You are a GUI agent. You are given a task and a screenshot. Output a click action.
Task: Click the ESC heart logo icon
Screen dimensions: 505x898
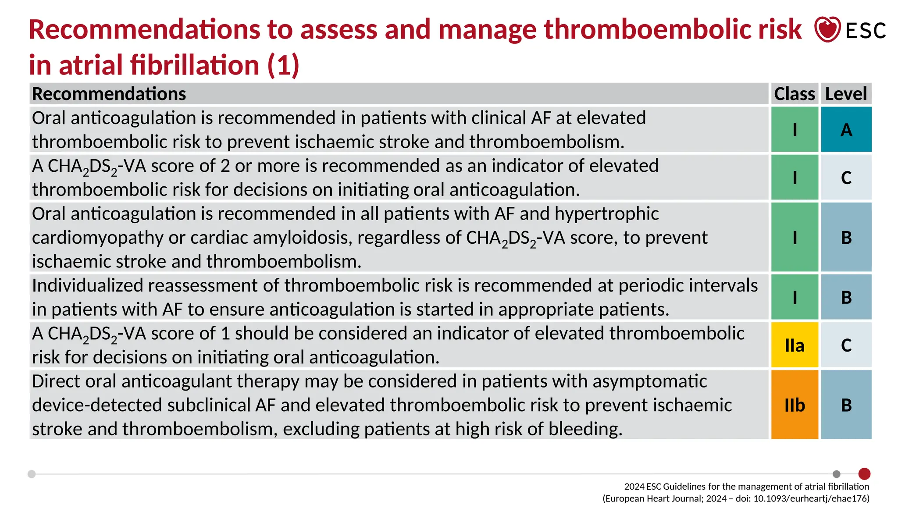point(827,29)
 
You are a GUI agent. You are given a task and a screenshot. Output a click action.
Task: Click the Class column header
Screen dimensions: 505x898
point(794,94)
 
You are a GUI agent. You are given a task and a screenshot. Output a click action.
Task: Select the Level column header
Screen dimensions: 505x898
point(846,94)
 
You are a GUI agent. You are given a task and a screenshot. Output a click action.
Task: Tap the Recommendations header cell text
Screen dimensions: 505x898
point(109,94)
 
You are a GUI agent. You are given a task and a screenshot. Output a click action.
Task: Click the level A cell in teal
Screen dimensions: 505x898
point(846,130)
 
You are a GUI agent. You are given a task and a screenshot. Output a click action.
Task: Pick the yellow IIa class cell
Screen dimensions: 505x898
point(794,345)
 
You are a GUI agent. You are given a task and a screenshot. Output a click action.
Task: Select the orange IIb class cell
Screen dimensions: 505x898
point(794,405)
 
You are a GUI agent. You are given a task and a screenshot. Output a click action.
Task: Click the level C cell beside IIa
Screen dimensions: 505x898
point(846,345)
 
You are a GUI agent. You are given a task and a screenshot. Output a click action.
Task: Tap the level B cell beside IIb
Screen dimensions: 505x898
point(846,405)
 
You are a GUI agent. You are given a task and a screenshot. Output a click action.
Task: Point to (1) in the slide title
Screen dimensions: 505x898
point(283,65)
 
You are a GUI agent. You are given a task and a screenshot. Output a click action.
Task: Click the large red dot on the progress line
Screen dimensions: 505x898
point(864,474)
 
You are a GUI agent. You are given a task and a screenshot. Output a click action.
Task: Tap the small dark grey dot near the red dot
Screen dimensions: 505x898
point(836,474)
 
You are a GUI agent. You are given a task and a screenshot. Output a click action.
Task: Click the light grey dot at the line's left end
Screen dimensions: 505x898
point(32,474)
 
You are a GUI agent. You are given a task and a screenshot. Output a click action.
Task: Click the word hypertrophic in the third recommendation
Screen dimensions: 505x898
point(606,214)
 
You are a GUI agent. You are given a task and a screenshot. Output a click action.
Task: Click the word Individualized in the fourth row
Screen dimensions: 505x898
point(87,286)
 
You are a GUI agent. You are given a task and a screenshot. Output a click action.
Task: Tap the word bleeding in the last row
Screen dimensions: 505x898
point(585,429)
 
